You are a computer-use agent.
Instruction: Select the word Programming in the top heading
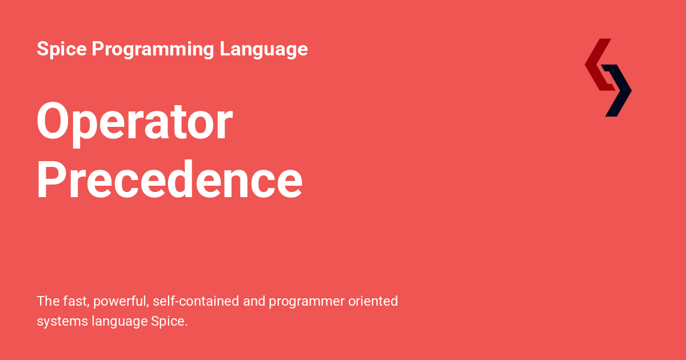click(x=153, y=50)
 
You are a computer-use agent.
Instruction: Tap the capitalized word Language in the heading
click(x=264, y=50)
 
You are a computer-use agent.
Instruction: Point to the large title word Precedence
click(x=170, y=181)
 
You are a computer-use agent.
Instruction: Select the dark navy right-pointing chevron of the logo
click(x=619, y=91)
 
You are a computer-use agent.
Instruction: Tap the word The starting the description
click(x=47, y=301)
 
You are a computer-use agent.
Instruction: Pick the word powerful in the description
click(x=119, y=301)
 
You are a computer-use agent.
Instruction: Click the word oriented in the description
click(x=373, y=301)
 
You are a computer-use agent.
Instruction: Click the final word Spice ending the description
click(x=169, y=322)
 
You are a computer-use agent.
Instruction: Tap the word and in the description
click(x=254, y=301)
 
